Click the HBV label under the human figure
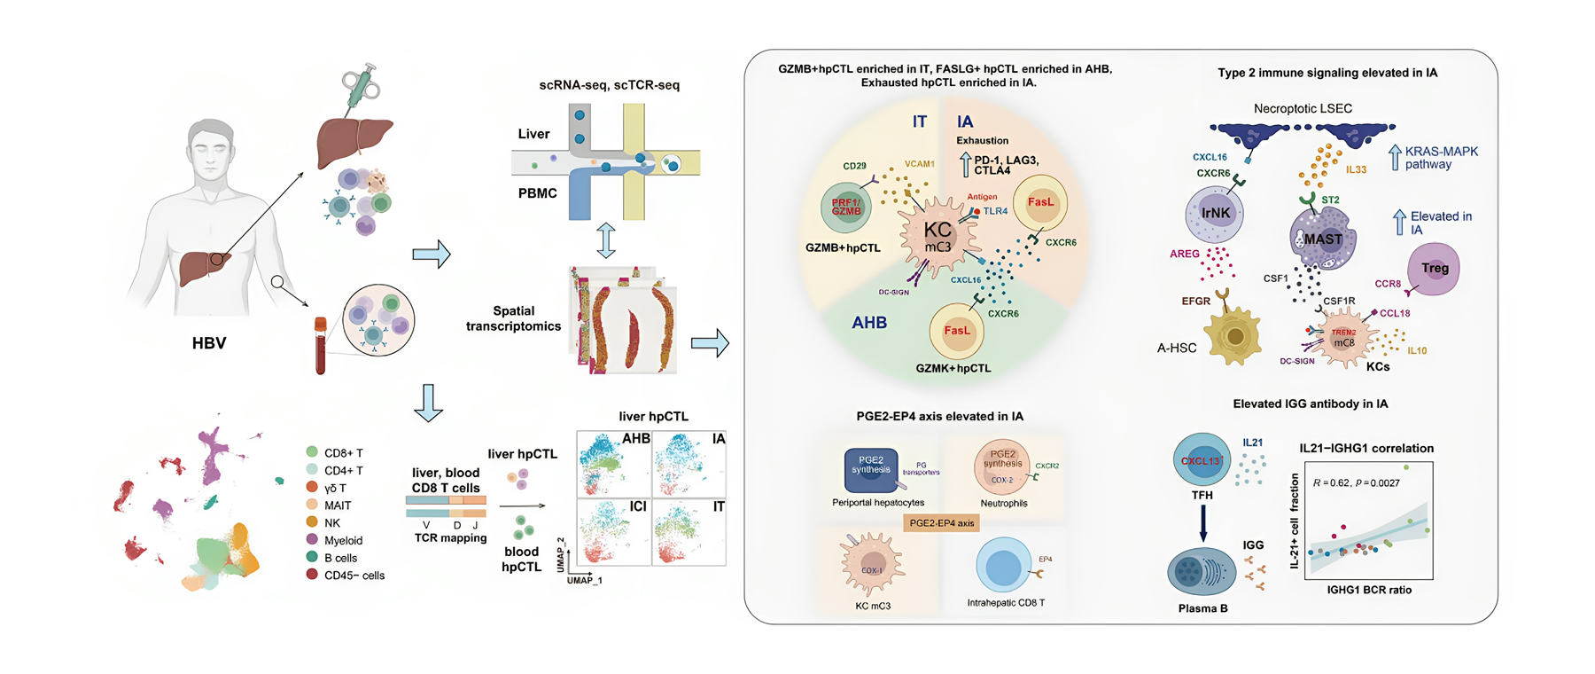[x=209, y=343]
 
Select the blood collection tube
[x=320, y=346]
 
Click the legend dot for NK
[x=312, y=522]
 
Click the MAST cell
[x=1322, y=239]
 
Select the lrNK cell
[x=1215, y=214]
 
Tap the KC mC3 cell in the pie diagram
[x=938, y=237]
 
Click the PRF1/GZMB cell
[x=846, y=207]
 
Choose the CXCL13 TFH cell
[x=1202, y=459]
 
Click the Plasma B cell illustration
[x=1202, y=572]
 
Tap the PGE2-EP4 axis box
[x=941, y=522]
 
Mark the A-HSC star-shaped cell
[x=1234, y=338]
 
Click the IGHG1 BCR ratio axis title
[x=1369, y=590]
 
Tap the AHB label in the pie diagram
[x=869, y=323]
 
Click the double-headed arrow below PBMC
[x=605, y=240]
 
